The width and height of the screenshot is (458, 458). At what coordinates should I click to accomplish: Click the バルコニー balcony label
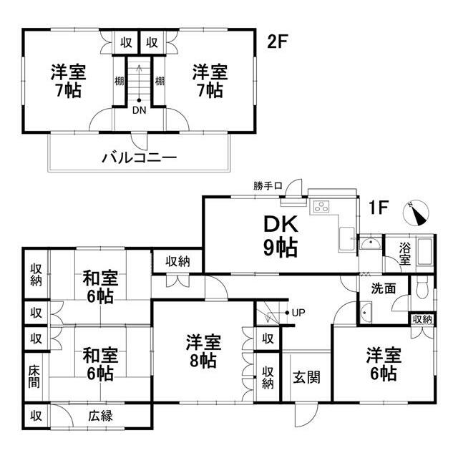pyautogui.click(x=140, y=157)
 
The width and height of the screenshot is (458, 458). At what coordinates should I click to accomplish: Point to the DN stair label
pyautogui.click(x=139, y=110)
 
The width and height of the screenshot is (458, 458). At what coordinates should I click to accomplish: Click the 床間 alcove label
pyautogui.click(x=34, y=376)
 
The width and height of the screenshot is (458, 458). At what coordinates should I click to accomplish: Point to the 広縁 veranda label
pyautogui.click(x=100, y=415)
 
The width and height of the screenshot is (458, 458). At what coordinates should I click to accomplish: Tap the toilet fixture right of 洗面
pyautogui.click(x=423, y=288)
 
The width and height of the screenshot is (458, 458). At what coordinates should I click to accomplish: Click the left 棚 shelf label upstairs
pyautogui.click(x=119, y=79)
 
